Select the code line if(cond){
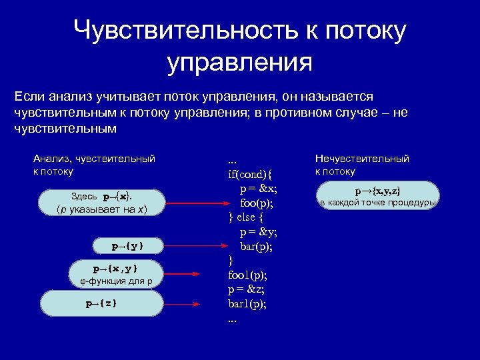pos(251,175)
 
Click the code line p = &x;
pos(259,189)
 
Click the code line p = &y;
pos(259,232)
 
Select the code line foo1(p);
pos(247,274)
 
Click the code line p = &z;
pos(247,289)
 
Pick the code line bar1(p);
pos(247,303)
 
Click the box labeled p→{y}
pos(127,246)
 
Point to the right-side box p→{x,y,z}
pos(378,196)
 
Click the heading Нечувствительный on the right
pos(362,159)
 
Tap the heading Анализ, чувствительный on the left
pos(94,159)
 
